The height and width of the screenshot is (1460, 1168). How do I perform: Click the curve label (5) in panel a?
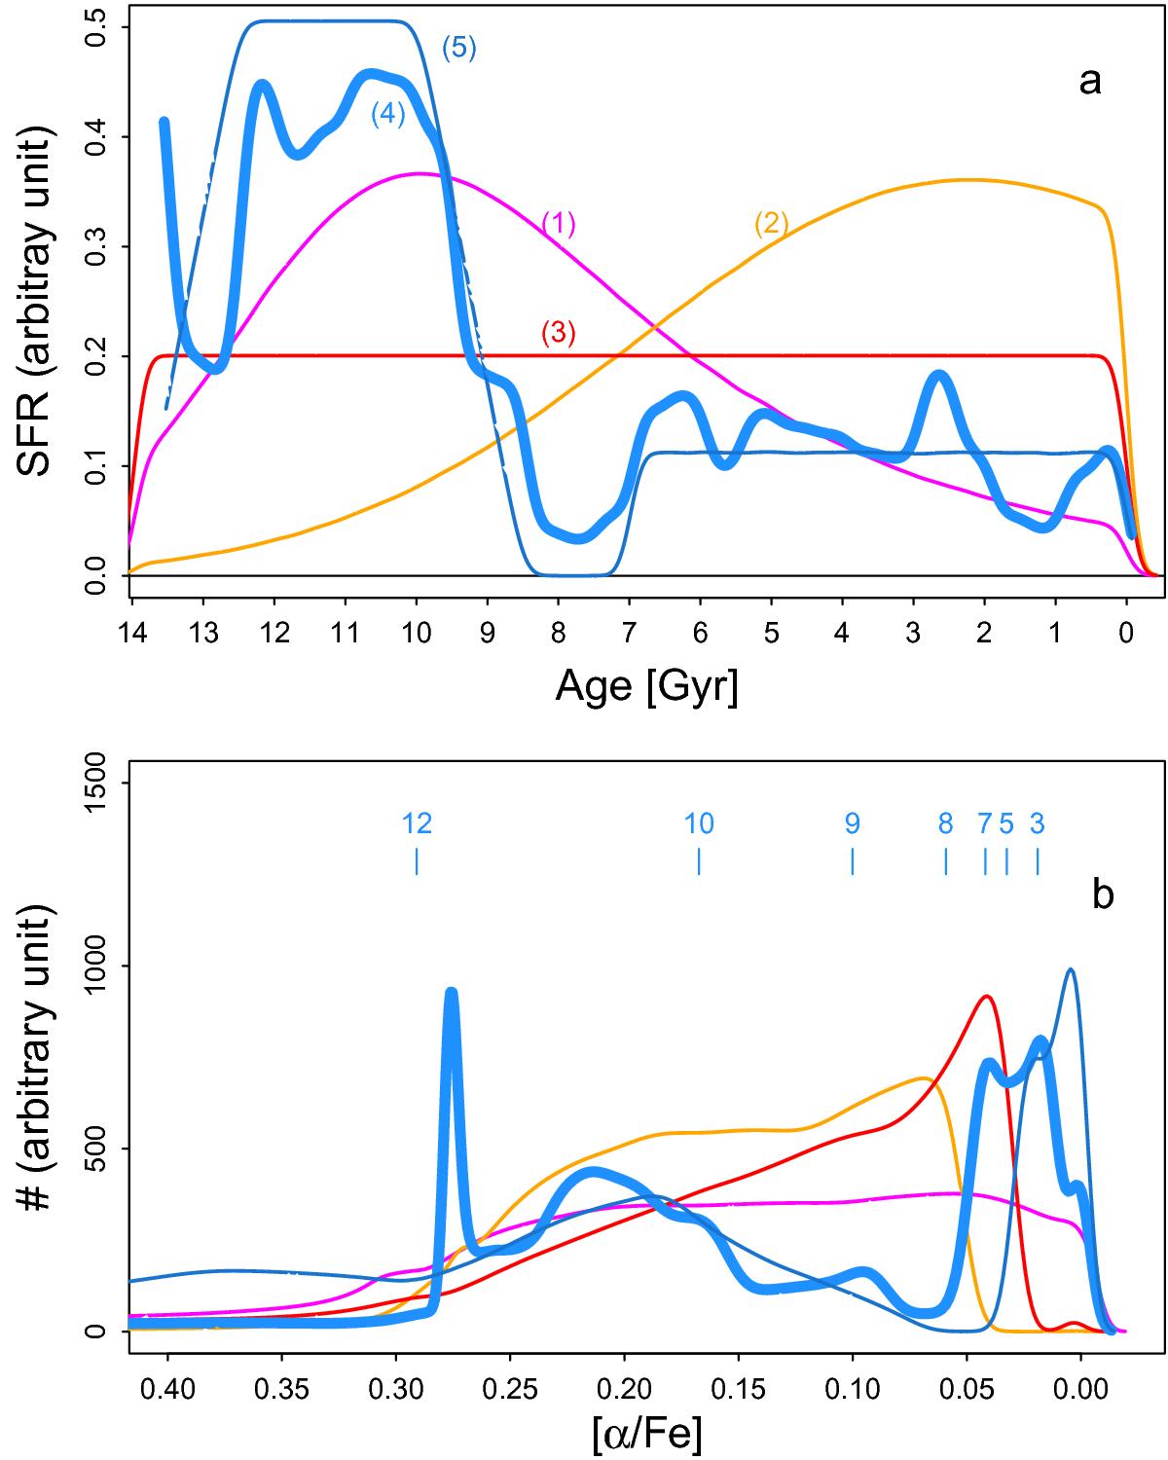pos(458,49)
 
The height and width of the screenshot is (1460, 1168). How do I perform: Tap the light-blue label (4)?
pos(387,114)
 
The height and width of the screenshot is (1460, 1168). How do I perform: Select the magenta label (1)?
pos(559,225)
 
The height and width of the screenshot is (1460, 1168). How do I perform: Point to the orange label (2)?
pos(771,224)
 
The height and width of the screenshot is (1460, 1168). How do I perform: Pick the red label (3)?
pos(559,334)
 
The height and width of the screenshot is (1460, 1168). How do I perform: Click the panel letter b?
pos(1102,895)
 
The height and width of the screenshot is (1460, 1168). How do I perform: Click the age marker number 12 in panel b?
pos(417,824)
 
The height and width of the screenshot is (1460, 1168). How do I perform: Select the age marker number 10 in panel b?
pos(699,824)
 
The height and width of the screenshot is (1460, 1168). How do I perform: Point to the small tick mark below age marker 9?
pos(853,861)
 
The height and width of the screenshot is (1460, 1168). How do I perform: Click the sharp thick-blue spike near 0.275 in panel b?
pos(451,993)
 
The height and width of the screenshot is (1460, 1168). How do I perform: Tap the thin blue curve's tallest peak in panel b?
pos(1071,969)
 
